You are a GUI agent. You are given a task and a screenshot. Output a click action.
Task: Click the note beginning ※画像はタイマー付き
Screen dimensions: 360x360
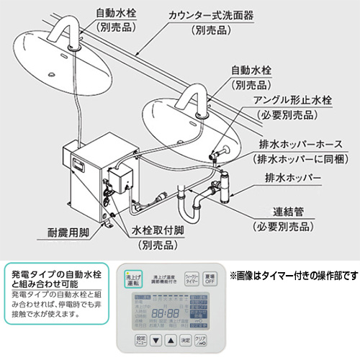pos(294,275)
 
